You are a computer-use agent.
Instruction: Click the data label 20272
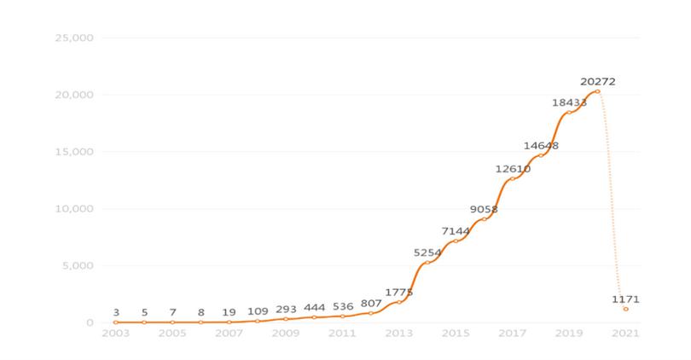coord(597,82)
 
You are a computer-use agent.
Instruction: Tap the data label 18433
coord(569,102)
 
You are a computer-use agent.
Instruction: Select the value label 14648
coord(541,146)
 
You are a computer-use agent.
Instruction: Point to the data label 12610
coord(513,169)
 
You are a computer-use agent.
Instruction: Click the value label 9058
coord(484,209)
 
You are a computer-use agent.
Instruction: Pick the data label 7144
coord(456,231)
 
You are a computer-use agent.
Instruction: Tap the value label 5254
coord(427,253)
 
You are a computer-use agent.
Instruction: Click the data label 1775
coord(398,293)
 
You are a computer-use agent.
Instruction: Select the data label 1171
coord(625,299)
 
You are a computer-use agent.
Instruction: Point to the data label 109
coord(257,312)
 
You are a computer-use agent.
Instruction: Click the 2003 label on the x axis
coord(115,333)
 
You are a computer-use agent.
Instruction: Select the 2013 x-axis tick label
coord(398,333)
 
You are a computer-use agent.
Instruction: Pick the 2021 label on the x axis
coord(625,333)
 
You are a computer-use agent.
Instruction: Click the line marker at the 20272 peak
coord(597,91)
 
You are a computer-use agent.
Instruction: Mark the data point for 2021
coord(625,309)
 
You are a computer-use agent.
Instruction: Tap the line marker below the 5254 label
coord(427,263)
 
